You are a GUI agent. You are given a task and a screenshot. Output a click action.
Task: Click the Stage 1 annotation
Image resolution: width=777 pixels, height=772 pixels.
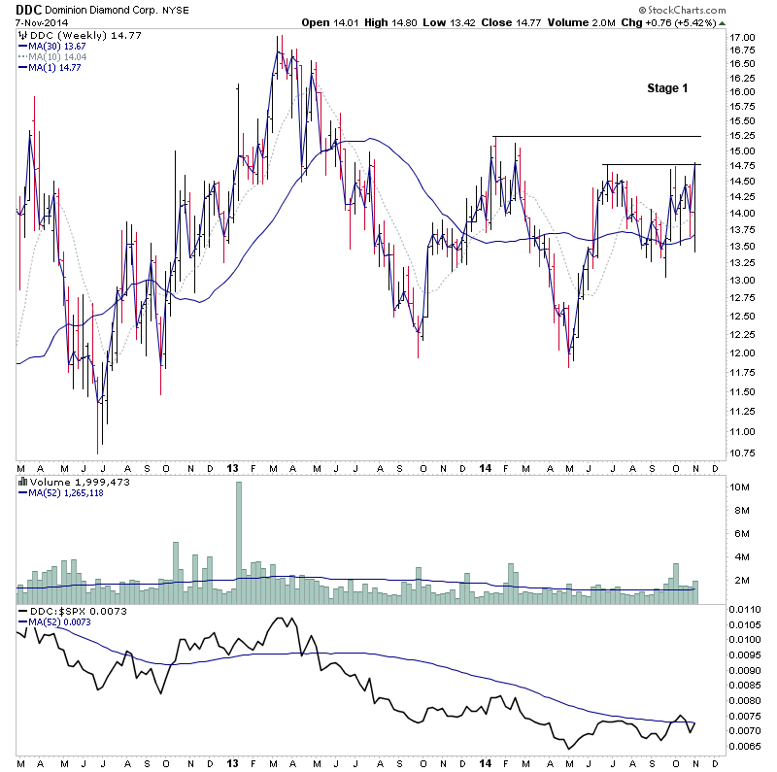click(x=667, y=88)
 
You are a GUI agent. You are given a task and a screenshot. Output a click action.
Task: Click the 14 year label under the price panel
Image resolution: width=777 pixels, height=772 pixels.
click(x=484, y=468)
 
